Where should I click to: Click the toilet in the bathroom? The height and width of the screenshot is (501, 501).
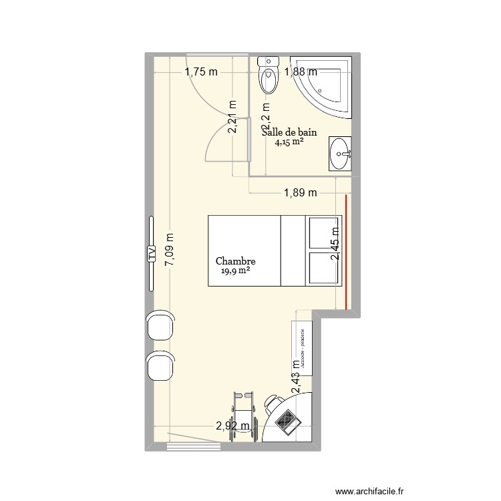269,75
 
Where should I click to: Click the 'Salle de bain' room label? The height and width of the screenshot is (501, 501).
289,132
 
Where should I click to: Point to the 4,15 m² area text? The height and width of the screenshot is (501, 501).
289,142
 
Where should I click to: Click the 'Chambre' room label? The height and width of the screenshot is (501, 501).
236,263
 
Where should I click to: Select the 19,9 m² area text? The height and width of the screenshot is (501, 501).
236,272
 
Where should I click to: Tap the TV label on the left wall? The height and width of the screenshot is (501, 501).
152,253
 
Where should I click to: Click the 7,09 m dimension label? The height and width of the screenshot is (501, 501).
170,250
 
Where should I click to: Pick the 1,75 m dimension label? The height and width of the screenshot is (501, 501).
201,72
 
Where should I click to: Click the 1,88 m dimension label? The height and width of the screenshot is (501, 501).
301,72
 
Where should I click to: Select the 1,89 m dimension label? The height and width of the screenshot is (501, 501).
301,193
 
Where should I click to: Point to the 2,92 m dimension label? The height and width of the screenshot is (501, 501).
232,425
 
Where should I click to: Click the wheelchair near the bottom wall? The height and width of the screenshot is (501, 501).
243,415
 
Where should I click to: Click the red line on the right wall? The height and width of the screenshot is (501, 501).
346,253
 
